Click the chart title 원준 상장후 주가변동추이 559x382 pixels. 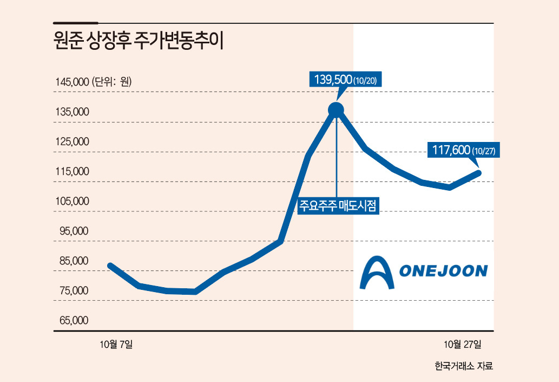click(x=139, y=41)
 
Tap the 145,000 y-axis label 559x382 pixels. click(x=72, y=82)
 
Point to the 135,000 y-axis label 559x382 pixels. click(x=72, y=112)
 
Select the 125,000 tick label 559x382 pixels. click(x=72, y=142)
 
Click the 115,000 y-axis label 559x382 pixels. click(x=72, y=171)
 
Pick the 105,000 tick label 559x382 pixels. click(x=72, y=202)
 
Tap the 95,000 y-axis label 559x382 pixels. click(x=74, y=231)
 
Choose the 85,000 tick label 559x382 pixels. click(x=74, y=261)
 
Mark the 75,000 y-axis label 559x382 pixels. click(x=74, y=290)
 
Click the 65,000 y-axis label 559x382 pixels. click(x=74, y=320)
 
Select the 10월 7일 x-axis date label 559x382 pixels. click(x=116, y=344)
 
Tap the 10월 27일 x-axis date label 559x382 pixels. click(x=462, y=344)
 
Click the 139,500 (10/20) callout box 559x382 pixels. click(x=345, y=79)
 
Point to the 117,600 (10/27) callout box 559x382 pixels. click(x=464, y=150)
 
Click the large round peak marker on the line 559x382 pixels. click(x=336, y=111)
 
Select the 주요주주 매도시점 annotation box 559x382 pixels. click(x=338, y=205)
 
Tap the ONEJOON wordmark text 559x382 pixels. click(x=443, y=271)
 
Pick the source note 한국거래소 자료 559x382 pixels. click(x=464, y=366)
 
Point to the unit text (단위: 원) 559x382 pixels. click(x=112, y=82)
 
